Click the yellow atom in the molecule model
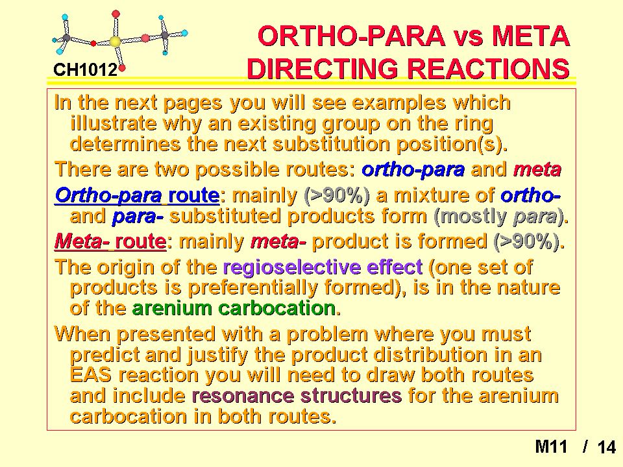click(x=115, y=42)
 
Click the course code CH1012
click(x=85, y=70)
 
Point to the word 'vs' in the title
click(x=468, y=36)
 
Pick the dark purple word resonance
click(x=243, y=396)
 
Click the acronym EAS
click(x=91, y=375)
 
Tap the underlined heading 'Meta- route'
click(x=110, y=241)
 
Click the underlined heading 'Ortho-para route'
click(x=137, y=195)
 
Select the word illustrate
click(x=113, y=123)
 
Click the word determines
click(x=125, y=144)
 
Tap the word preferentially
click(x=252, y=288)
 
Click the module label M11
click(x=551, y=446)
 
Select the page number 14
click(x=606, y=447)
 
